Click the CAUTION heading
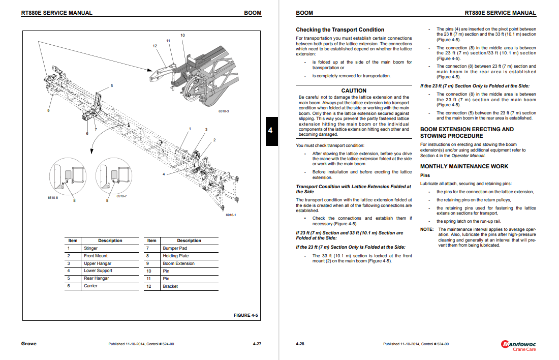tap(354, 91)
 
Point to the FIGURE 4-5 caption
tap(245, 315)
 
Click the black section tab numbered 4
tap(270, 131)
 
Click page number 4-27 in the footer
tap(257, 344)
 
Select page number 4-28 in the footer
tap(300, 344)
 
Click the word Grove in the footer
tap(28, 344)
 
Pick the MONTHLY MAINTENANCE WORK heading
tap(464, 166)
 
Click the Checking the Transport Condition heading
tap(340, 29)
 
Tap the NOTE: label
tap(427, 229)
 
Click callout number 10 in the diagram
tap(183, 35)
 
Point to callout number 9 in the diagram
tap(49, 110)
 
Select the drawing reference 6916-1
tap(231, 215)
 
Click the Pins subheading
tap(425, 175)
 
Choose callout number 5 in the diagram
tap(112, 85)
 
